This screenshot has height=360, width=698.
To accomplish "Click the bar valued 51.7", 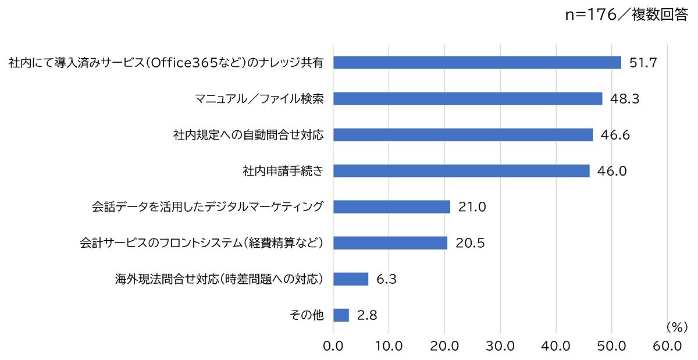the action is pos(477,62).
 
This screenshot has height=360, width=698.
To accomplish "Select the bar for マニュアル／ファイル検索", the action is pos(468,98).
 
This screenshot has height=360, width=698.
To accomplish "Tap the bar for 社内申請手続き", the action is pos(461,171).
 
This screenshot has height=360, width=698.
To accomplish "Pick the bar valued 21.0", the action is pos(391,206).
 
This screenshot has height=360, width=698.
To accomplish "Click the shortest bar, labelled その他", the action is pos(341,315).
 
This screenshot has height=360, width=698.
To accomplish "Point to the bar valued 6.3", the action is pos(351,279).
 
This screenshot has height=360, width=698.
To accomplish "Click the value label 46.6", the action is pos(615,135).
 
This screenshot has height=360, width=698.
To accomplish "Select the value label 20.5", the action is pos(470,243).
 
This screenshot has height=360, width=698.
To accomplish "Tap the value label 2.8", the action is pos(367,315).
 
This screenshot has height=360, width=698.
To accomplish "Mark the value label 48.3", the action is pos(625,99).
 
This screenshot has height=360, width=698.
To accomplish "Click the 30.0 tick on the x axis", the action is pos(500,346).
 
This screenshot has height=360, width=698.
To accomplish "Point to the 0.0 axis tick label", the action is pos(333,346).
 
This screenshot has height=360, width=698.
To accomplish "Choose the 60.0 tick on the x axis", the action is pos(667,346).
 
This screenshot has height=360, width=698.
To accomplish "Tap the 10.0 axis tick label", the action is pos(389,346).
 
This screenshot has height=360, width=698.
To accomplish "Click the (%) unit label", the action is pos(677,327).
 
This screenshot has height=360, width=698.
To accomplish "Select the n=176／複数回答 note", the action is pos(626,15).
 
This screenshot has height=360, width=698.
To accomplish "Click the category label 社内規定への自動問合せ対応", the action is pos(248,135).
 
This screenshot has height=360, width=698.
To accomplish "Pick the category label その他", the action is pos(307,315).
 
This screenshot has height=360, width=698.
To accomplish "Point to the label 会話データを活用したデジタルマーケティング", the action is pos(208,207).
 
